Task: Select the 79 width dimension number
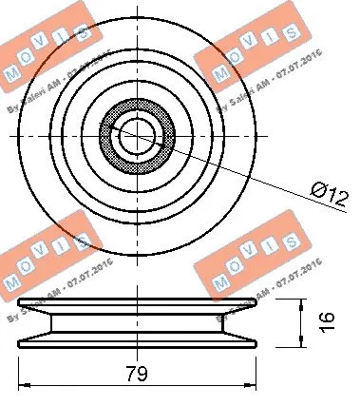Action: click(x=138, y=373)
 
